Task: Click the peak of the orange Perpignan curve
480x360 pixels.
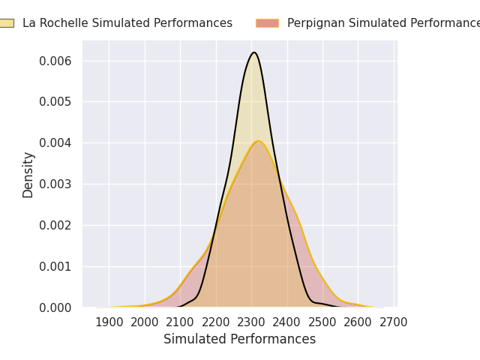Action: point(257,141)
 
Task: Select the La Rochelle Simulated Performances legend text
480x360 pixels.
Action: point(127,23)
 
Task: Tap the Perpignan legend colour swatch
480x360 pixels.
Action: point(267,23)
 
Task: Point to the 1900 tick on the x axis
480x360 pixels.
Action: point(109,322)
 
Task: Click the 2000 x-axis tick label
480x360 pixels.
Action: point(145,322)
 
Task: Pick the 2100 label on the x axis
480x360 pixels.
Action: point(181,322)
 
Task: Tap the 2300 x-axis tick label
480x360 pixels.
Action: point(251,322)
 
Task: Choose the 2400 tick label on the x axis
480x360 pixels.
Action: point(287,322)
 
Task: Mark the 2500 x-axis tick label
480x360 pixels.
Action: point(322,322)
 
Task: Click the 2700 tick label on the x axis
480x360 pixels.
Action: point(394,322)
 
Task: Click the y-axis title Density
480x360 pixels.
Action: point(28,175)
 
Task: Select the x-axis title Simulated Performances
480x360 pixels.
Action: point(239,340)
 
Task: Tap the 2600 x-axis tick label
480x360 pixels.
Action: point(358,322)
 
